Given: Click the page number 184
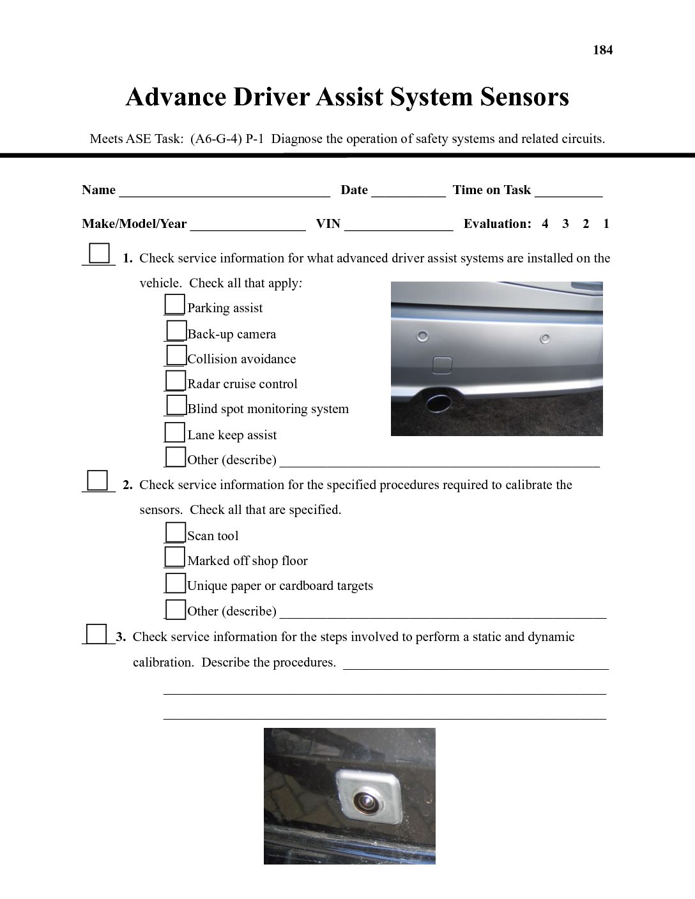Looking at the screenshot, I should point(602,50).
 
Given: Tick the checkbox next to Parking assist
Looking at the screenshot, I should point(174,304).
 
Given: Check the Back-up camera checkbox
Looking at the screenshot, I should point(176,330).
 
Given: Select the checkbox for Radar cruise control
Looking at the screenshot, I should point(176,381).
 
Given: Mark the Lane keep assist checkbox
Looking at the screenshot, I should point(175,432).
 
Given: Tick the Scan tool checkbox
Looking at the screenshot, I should point(176,532).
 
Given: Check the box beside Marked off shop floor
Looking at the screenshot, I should point(175,557).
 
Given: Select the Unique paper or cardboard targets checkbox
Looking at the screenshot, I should point(176,583).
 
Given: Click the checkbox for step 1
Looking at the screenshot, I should point(99,253).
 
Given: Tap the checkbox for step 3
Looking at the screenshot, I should point(96,634).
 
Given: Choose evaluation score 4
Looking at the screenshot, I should point(545,224).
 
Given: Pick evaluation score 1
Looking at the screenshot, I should point(606,224).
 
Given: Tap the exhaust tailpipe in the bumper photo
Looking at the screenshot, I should point(438,403).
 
